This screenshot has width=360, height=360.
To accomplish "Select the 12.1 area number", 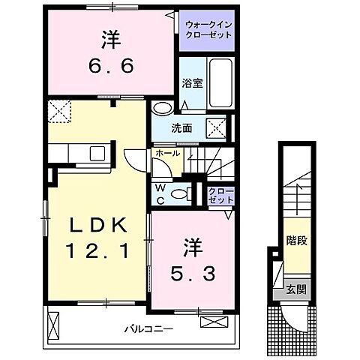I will point(94,252).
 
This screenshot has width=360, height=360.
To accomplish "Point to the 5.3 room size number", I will point(198,270).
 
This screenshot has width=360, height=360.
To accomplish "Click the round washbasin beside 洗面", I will point(161,109).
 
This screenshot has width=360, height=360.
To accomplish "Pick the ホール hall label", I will point(167,153).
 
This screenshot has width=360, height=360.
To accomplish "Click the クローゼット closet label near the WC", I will point(221,196).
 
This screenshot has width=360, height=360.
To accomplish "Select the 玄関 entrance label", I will point(295,289).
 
